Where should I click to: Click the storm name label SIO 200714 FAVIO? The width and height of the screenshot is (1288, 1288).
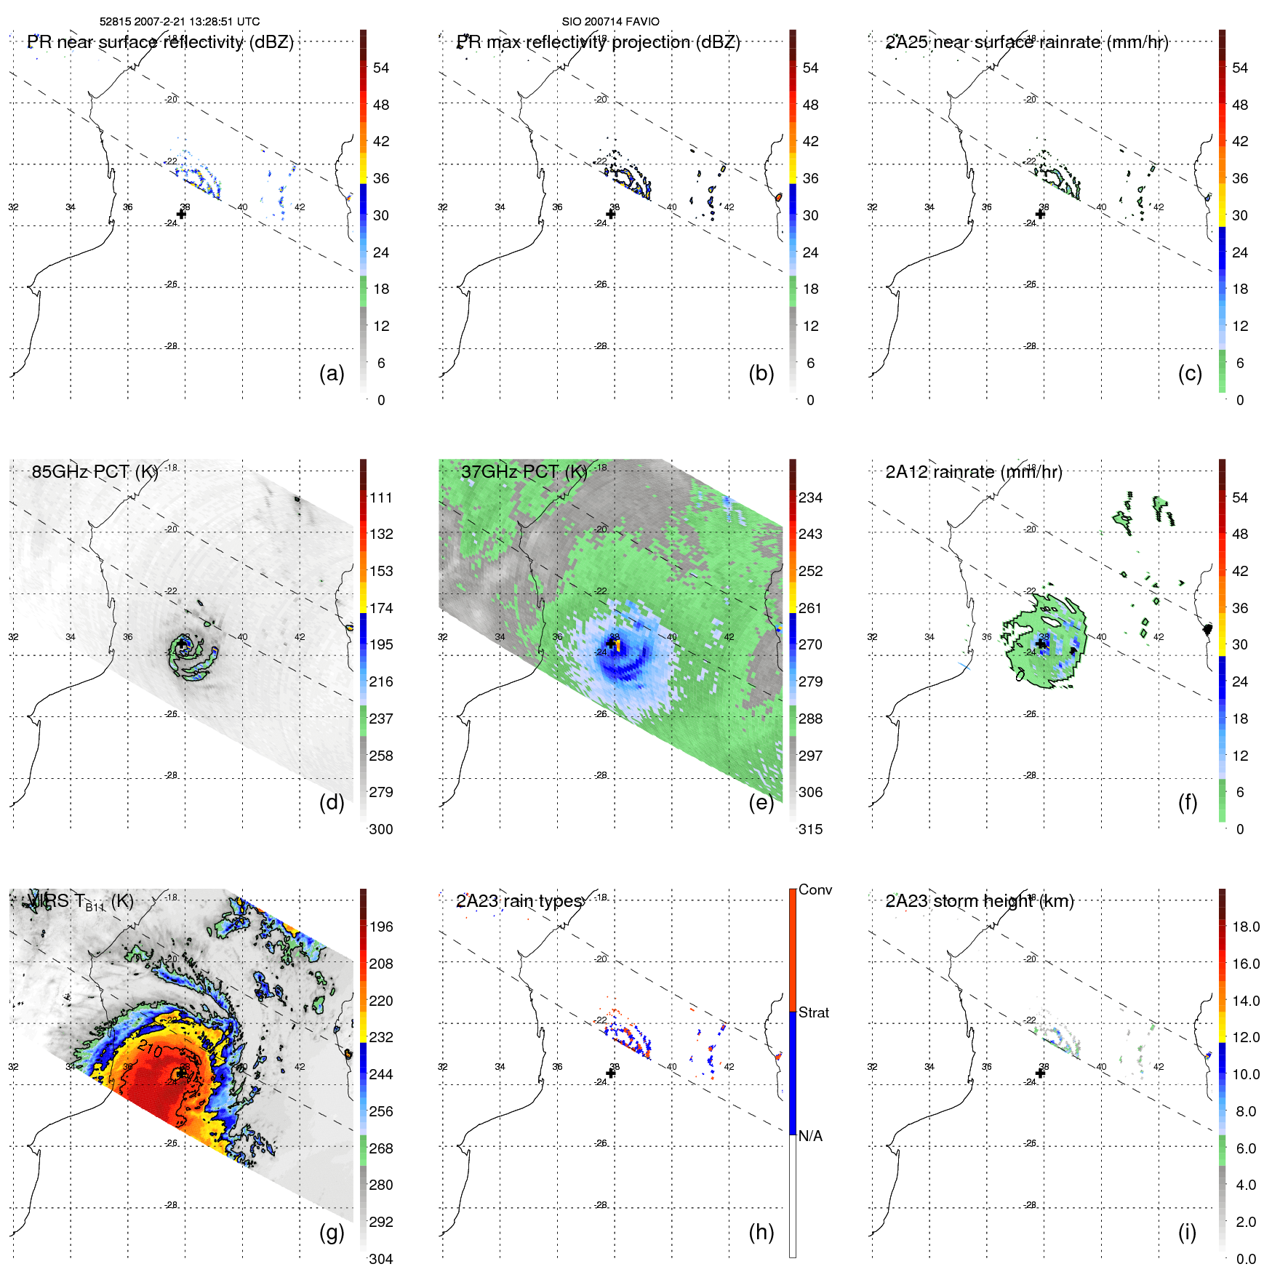pyautogui.click(x=610, y=22)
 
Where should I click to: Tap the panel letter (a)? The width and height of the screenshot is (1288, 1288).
pyautogui.click(x=332, y=373)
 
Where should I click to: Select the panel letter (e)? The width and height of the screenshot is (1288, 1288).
pyautogui.click(x=761, y=802)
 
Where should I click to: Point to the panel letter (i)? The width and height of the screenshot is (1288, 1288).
pyautogui.click(x=1187, y=1232)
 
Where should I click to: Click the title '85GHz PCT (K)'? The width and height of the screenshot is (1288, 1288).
pyautogui.click(x=95, y=472)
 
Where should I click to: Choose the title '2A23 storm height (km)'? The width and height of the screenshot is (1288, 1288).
pyautogui.click(x=979, y=901)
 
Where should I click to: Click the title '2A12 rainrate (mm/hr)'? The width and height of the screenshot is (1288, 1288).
pyautogui.click(x=973, y=472)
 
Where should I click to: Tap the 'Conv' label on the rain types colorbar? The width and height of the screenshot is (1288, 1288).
pyautogui.click(x=815, y=889)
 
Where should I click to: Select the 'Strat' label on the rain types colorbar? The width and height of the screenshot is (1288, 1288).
pyautogui.click(x=813, y=1012)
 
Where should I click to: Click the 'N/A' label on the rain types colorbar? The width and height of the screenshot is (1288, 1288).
pyautogui.click(x=810, y=1136)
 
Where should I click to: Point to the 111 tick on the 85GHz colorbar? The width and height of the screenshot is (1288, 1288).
pyautogui.click(x=381, y=497)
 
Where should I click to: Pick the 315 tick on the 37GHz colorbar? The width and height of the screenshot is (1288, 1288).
pyautogui.click(x=810, y=829)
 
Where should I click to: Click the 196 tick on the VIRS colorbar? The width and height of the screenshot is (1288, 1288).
pyautogui.click(x=381, y=927)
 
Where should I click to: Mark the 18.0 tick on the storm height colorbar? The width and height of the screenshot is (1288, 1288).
pyautogui.click(x=1245, y=927)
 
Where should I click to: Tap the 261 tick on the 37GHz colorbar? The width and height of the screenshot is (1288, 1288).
pyautogui.click(x=810, y=608)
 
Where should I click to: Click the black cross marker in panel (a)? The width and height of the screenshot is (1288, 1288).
pyautogui.click(x=181, y=214)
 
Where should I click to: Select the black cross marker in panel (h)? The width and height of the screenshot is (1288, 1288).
pyautogui.click(x=611, y=1073)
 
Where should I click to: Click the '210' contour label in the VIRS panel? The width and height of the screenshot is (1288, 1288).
pyautogui.click(x=151, y=1048)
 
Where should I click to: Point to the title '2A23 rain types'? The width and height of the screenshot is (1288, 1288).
pyautogui.click(x=519, y=901)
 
